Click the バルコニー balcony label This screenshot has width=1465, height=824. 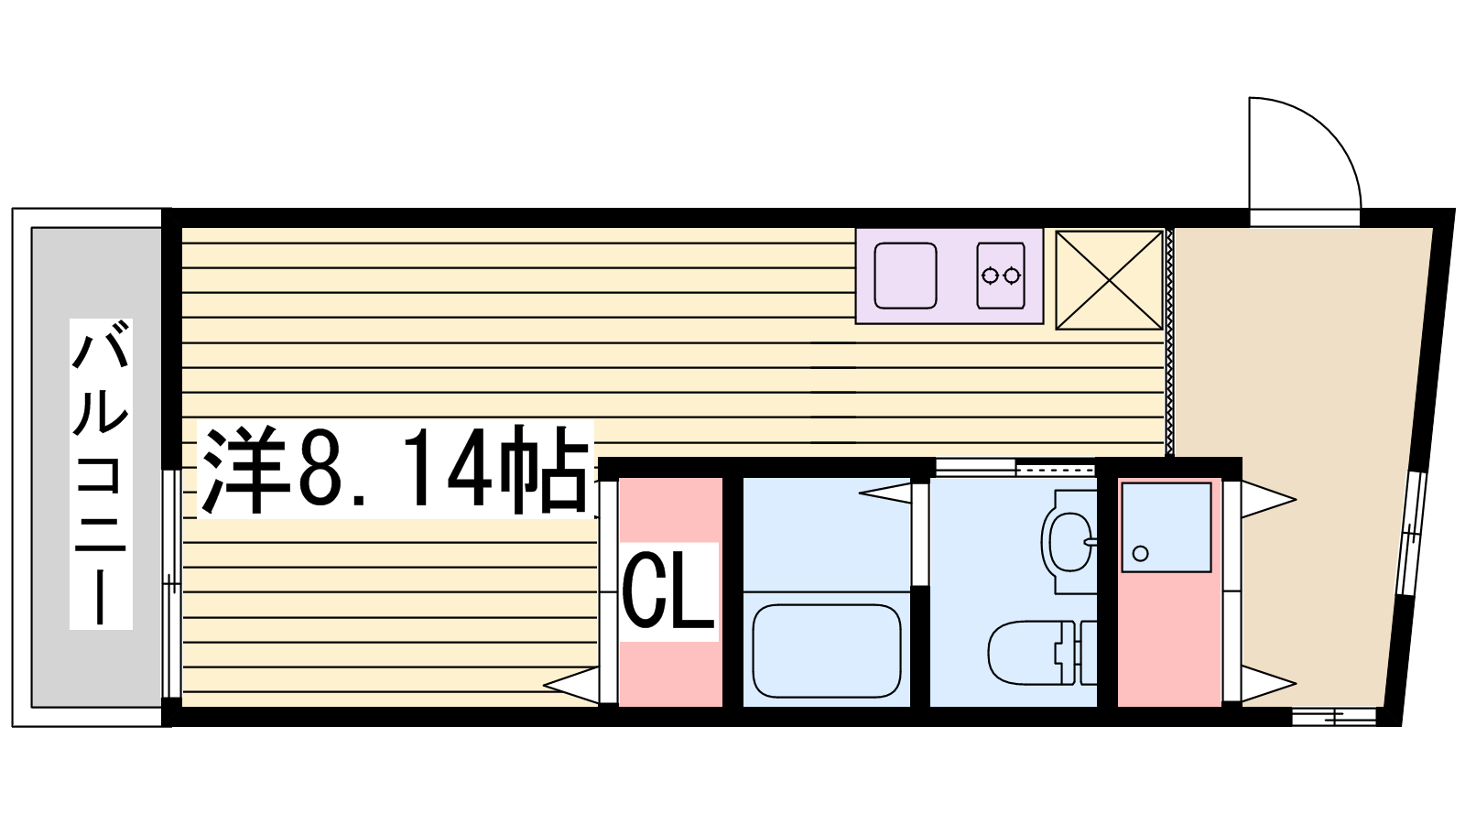[x=101, y=474]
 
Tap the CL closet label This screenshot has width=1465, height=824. [x=667, y=591]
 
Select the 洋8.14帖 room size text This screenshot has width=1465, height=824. [x=395, y=470]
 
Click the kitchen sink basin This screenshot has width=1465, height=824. [x=906, y=276]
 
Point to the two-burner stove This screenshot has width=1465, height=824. [x=1001, y=276]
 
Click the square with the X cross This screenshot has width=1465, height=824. [x=1109, y=280]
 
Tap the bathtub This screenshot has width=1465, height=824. [x=827, y=651]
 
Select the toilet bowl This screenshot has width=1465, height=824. [x=1041, y=653]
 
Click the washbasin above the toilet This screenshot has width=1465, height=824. [x=1069, y=540]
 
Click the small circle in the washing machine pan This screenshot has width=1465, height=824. [x=1140, y=553]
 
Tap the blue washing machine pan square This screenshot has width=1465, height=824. [x=1167, y=527]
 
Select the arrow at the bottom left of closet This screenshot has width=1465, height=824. [x=571, y=686]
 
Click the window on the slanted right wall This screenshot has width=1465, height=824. [x=1411, y=533]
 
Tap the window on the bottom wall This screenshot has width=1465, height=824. [x=1335, y=718]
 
